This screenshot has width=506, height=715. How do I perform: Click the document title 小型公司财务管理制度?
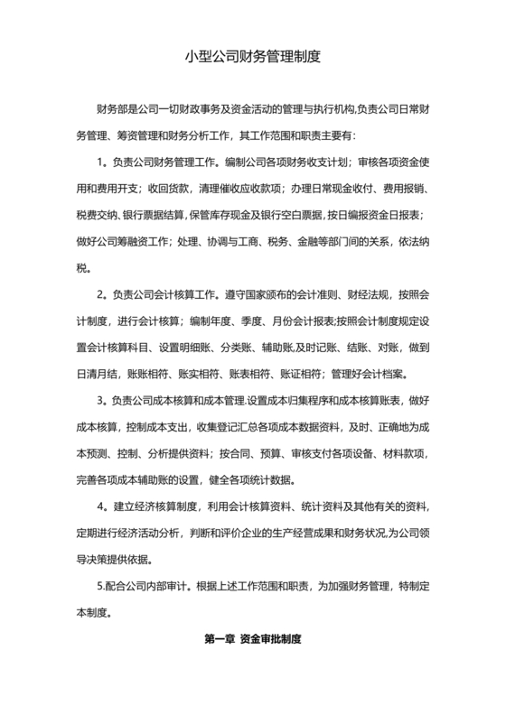coord(253,56)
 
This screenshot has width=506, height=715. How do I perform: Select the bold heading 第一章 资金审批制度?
coord(252,638)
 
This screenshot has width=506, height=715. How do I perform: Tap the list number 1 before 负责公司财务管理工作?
coord(100,162)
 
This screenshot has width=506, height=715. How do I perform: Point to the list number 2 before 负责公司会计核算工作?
coord(100,294)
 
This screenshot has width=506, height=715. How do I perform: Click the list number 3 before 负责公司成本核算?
coord(100,399)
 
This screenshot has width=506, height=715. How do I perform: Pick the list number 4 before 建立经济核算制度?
coord(100,504)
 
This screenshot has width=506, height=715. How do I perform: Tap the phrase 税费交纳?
coord(94,216)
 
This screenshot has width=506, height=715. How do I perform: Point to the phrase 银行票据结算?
coord(155,216)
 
